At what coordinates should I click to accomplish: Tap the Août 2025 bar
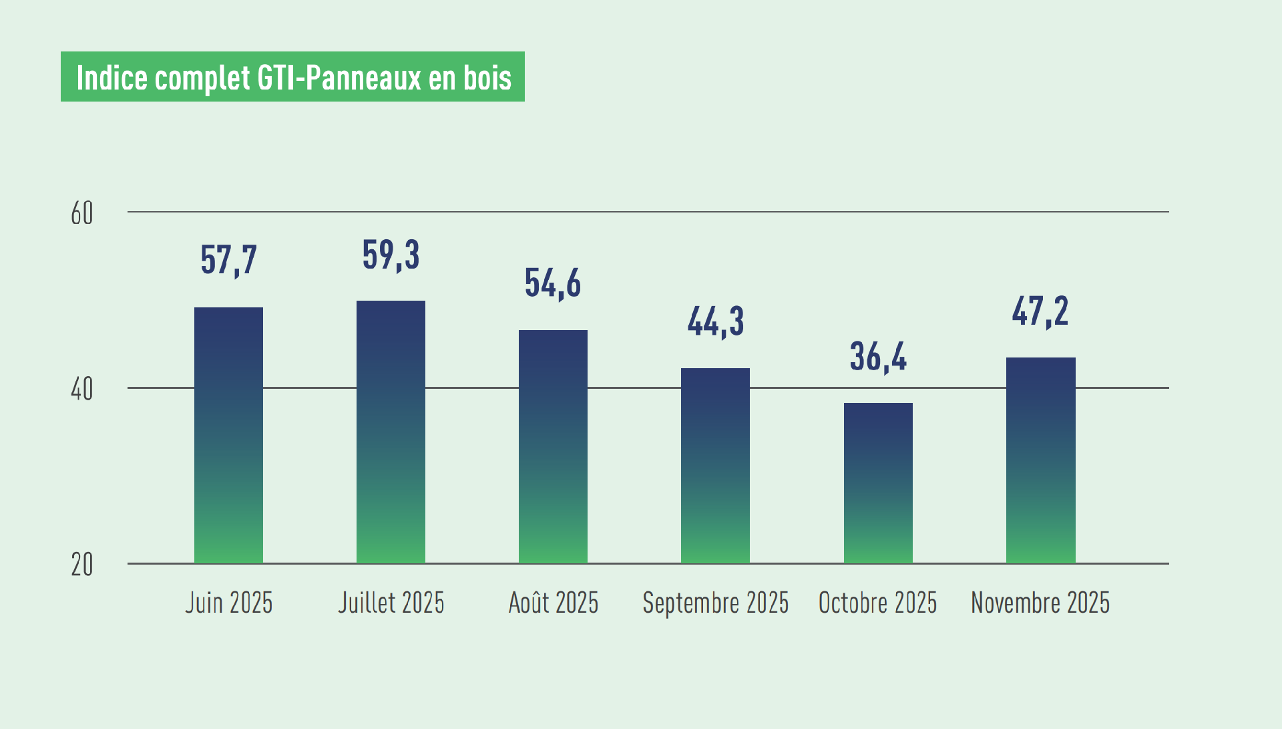point(553,446)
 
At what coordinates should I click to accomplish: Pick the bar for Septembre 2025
point(715,465)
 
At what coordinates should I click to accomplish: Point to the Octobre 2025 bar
point(878,482)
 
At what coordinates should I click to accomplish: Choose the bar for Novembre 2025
point(1040,460)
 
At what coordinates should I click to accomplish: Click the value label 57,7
point(228,260)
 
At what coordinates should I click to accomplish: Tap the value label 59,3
point(391,255)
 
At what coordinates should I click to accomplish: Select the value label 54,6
point(553,283)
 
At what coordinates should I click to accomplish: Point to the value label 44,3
point(715,322)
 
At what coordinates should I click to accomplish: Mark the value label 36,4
point(878,357)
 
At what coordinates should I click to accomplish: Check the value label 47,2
point(1040,311)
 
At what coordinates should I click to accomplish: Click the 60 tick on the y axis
point(82,214)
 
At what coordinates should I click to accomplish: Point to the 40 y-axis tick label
point(82,390)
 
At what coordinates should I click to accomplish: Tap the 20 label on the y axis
point(82,565)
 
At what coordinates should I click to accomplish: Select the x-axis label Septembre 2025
point(715,603)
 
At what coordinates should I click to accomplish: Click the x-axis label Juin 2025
point(228,603)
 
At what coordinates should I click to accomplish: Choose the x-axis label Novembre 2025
point(1040,603)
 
